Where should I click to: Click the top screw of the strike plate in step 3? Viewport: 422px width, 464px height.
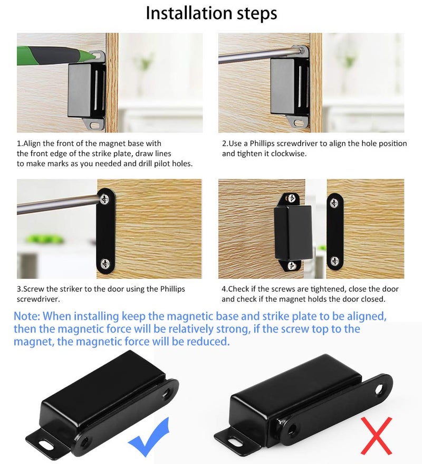[104, 198]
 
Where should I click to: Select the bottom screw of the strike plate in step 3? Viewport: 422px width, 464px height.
[105, 263]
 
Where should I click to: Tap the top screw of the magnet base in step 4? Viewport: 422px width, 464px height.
[292, 198]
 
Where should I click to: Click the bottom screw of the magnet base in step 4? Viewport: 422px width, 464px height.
[292, 266]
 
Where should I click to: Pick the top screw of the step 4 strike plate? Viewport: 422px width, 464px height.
[335, 203]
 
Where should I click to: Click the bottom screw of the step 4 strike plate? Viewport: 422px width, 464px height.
[335, 261]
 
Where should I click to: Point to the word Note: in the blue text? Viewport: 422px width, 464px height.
[26, 316]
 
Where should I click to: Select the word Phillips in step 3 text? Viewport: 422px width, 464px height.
[172, 289]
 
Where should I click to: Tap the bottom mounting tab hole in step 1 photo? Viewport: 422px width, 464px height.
[94, 125]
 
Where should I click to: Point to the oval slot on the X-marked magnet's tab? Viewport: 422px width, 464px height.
[236, 441]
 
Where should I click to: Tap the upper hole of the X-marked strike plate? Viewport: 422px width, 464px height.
[379, 389]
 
